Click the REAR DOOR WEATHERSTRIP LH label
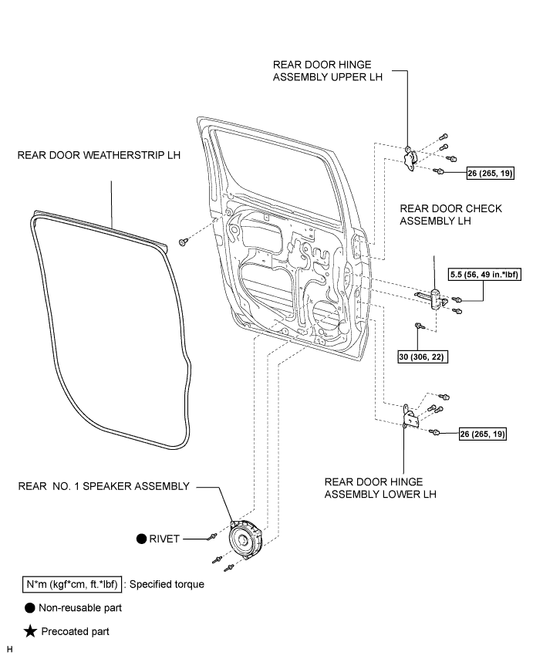pos(99,155)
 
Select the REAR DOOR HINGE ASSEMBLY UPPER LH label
pos(328,71)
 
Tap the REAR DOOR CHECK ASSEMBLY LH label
pos(450,215)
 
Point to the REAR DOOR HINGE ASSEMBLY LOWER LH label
pos(380,488)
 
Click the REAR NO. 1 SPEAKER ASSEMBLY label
pos(103,486)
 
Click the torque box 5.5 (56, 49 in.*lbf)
pos(484,275)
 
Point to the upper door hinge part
pos(410,159)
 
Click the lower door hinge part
pos(411,417)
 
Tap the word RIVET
pos(164,539)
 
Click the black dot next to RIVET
pos(142,539)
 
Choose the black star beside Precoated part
pos(30,631)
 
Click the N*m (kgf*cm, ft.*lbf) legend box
pos(72,584)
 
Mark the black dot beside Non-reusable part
pos(30,608)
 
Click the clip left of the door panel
pos(183,242)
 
